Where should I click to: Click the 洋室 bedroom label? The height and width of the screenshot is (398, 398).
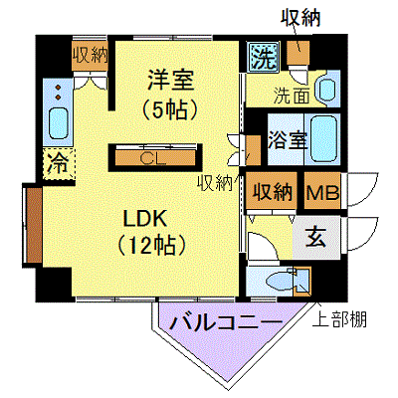(170, 80)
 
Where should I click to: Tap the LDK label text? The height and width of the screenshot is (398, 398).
(145, 218)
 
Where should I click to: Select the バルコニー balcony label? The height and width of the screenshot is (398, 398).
(226, 321)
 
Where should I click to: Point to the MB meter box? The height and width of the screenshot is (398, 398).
(322, 191)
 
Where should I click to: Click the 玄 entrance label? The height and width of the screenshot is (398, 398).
(316, 238)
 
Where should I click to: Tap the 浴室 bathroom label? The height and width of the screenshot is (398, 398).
(288, 140)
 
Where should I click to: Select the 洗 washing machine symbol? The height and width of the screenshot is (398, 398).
(264, 58)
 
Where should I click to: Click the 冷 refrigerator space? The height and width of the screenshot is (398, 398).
(59, 164)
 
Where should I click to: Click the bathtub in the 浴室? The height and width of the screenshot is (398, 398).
(324, 139)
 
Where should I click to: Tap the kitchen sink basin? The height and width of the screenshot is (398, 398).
(59, 123)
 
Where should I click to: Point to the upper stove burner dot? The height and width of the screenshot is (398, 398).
(59, 88)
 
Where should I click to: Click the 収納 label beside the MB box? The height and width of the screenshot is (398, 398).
(273, 192)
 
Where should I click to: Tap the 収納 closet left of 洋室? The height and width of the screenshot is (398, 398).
(91, 56)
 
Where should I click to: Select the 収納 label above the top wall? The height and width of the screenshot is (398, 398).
(300, 17)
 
